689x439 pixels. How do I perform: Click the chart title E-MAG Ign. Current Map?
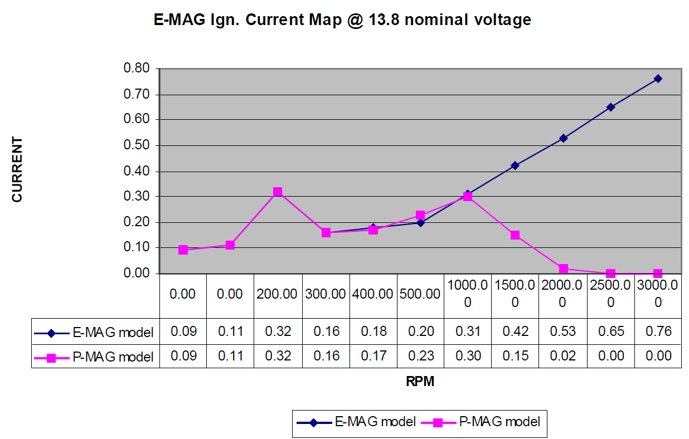(x=342, y=21)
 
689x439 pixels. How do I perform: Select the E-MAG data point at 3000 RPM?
(x=658, y=79)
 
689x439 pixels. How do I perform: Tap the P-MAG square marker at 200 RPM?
(x=278, y=192)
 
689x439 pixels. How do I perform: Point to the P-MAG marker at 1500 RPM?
(x=515, y=235)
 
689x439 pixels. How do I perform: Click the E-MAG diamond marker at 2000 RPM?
(x=563, y=138)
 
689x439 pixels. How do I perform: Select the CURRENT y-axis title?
(x=17, y=169)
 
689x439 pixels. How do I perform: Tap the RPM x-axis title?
(x=419, y=382)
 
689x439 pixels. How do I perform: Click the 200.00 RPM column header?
(x=278, y=294)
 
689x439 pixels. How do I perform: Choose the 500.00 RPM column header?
(x=420, y=294)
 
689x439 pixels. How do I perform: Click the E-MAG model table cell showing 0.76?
(x=658, y=332)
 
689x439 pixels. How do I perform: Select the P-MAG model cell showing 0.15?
(x=515, y=356)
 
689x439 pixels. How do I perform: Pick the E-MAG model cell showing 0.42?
(x=515, y=332)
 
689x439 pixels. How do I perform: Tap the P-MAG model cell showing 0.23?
(x=420, y=356)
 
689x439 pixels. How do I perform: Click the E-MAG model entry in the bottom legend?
(x=357, y=422)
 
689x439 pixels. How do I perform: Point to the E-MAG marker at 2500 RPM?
(x=610, y=107)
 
